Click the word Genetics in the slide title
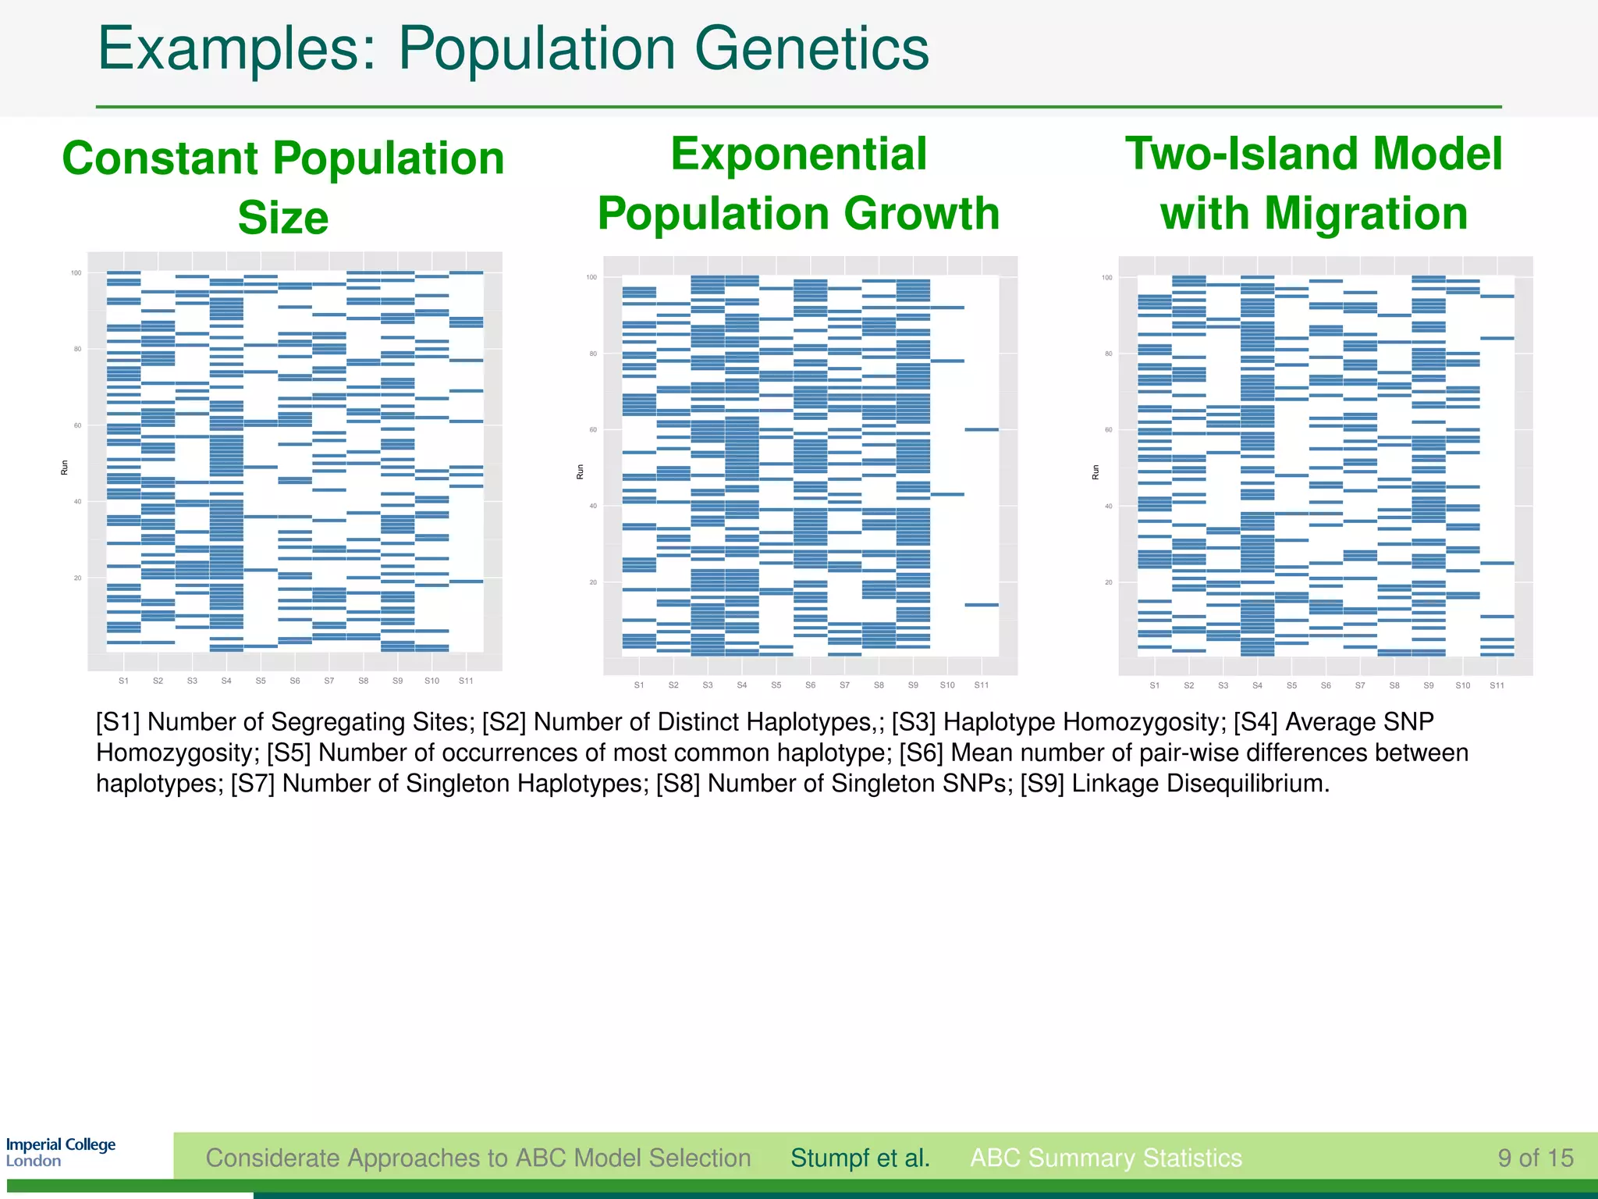click(x=811, y=48)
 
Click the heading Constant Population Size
click(x=283, y=187)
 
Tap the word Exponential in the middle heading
click(x=798, y=154)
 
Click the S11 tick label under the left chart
click(x=466, y=681)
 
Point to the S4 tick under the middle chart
click(x=741, y=685)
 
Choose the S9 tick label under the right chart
click(x=1428, y=685)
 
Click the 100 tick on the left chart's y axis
click(x=76, y=272)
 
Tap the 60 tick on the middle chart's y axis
click(x=592, y=430)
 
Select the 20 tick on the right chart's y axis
click(x=1108, y=582)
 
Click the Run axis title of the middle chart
click(x=580, y=471)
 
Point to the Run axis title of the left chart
click(x=65, y=467)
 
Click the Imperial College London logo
click(x=60, y=1152)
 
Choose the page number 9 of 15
click(x=1535, y=1158)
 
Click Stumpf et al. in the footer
click(x=860, y=1158)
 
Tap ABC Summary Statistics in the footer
click(x=1106, y=1158)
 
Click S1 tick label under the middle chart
click(x=639, y=685)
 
